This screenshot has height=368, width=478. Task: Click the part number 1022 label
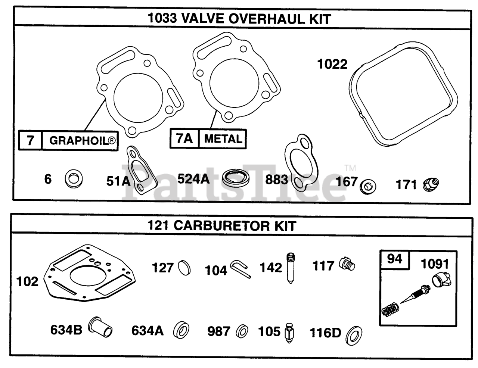(x=332, y=64)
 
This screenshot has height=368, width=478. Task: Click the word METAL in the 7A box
(x=223, y=139)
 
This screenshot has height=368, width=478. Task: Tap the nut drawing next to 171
(x=431, y=184)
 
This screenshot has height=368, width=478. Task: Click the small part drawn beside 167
(x=368, y=185)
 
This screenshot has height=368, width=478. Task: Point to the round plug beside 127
(x=184, y=267)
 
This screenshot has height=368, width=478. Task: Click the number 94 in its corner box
(x=394, y=258)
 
